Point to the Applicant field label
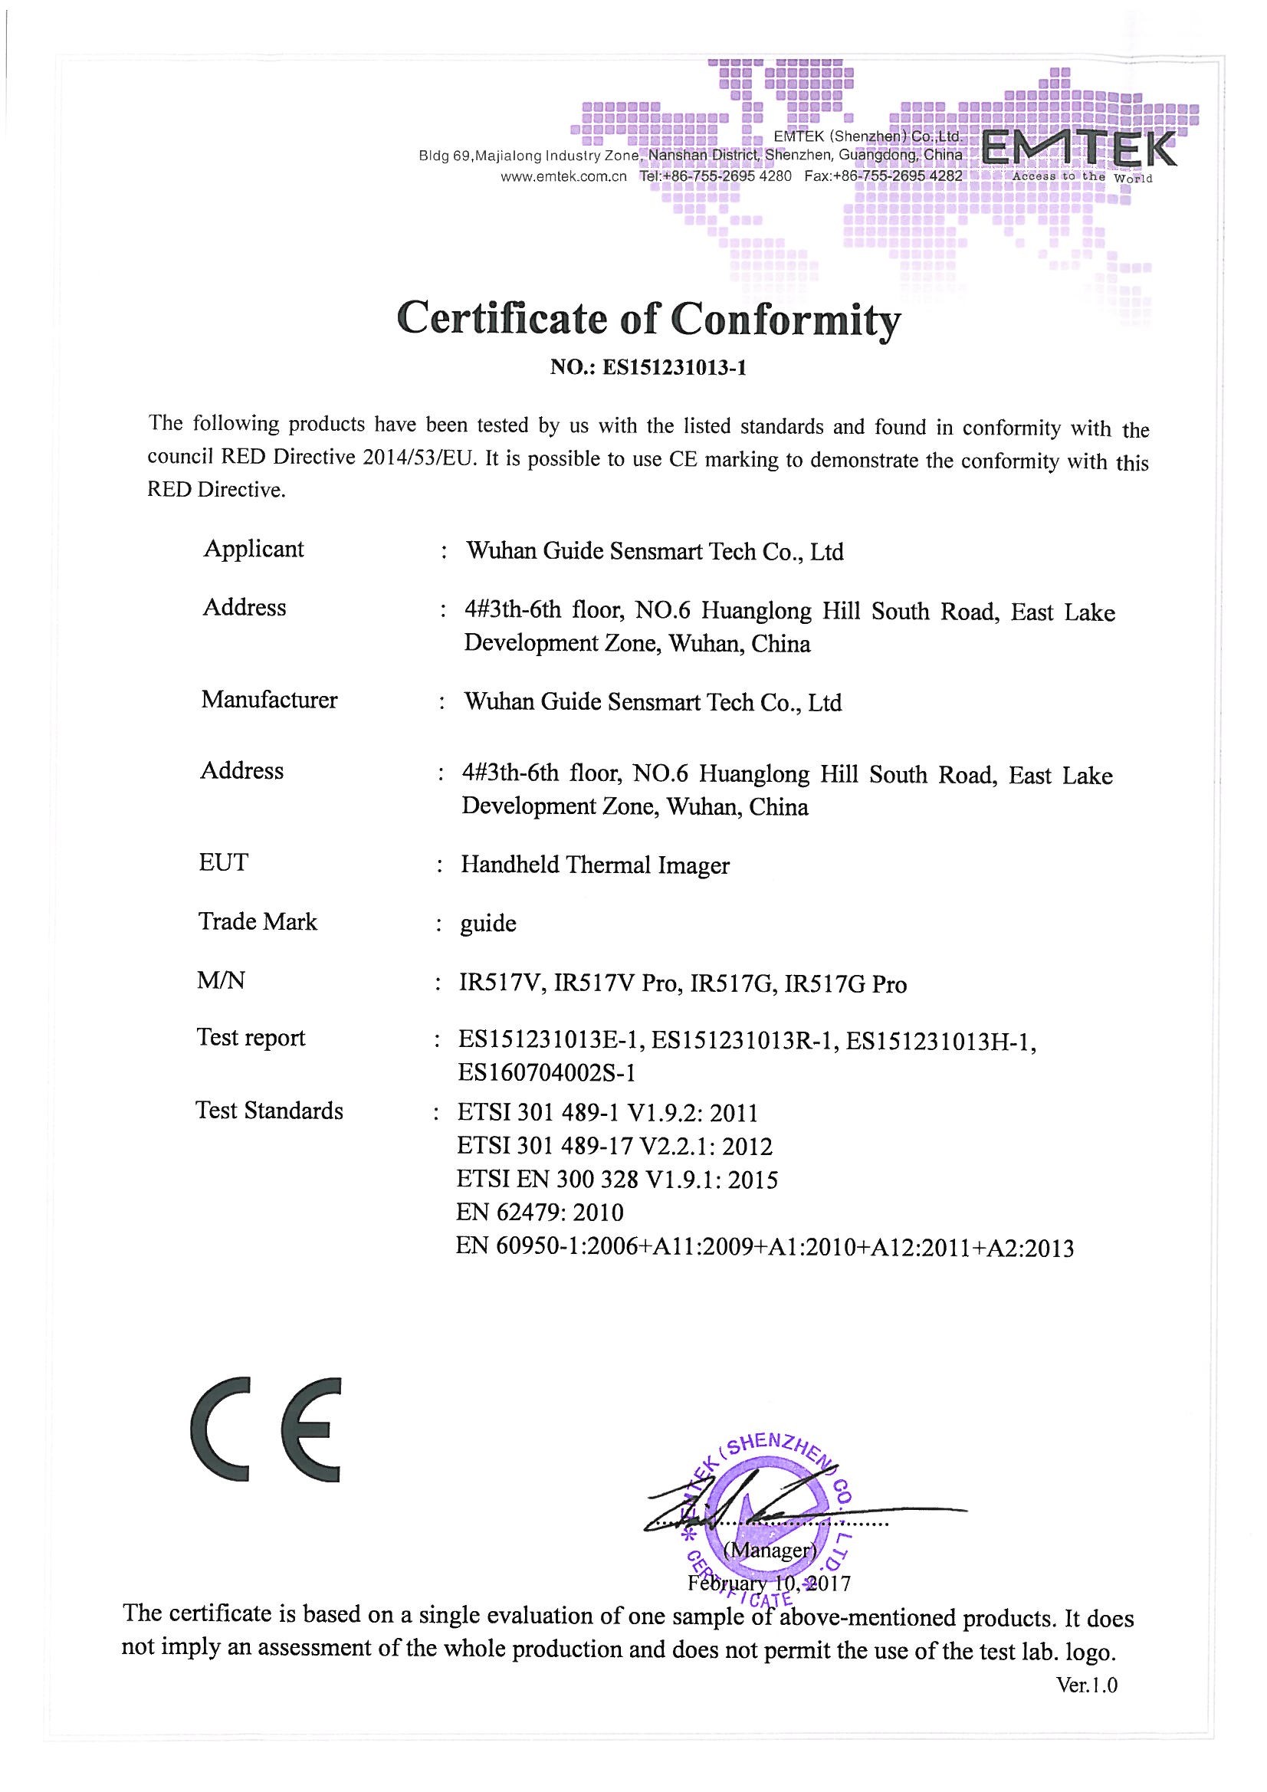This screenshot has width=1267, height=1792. click(253, 549)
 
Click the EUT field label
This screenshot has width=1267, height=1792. click(223, 862)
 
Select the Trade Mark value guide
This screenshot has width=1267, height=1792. click(488, 924)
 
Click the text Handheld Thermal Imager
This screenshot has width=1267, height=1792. click(595, 865)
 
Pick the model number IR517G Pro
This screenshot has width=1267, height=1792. click(845, 984)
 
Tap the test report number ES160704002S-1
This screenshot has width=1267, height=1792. click(547, 1073)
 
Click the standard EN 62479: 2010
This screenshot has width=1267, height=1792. click(540, 1212)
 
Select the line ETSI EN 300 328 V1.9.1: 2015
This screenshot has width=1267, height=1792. click(617, 1180)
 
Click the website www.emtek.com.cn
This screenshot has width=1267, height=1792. click(563, 176)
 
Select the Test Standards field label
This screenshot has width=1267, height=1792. click(269, 1111)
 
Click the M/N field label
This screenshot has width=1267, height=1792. click(221, 980)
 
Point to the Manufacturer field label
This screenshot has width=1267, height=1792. click(269, 699)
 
